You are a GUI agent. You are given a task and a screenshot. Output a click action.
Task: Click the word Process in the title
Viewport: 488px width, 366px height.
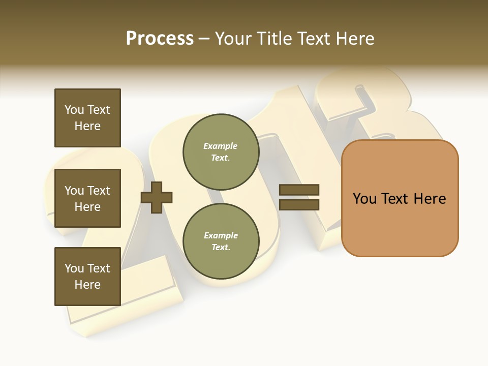160,39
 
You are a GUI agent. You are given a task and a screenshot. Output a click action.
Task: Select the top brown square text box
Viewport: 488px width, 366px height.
87,117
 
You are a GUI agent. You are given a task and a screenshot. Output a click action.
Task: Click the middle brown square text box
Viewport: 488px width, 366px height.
87,198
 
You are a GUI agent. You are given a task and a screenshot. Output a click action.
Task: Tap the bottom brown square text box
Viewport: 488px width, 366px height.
87,276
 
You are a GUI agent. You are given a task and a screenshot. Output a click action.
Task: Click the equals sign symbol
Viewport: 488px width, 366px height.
299,198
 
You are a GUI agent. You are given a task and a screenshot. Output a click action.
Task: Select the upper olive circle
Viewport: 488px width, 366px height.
221,152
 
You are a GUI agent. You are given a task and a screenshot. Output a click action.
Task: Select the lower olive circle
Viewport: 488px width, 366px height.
221,241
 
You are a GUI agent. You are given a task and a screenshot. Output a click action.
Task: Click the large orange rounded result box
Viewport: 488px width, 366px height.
400,198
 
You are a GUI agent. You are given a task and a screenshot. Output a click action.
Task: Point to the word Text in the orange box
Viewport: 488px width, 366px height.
396,199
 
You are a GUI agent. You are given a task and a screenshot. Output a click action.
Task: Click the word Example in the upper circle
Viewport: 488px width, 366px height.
221,146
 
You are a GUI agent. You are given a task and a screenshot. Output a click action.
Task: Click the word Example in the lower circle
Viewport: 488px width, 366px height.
221,235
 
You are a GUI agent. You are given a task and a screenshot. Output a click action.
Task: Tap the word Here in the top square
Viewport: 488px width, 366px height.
87,126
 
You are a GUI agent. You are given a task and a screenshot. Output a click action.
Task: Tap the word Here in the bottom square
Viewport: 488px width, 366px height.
87,285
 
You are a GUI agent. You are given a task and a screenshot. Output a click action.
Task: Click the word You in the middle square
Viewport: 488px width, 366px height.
74,191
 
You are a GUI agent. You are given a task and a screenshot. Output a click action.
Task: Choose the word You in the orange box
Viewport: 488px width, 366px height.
364,199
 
